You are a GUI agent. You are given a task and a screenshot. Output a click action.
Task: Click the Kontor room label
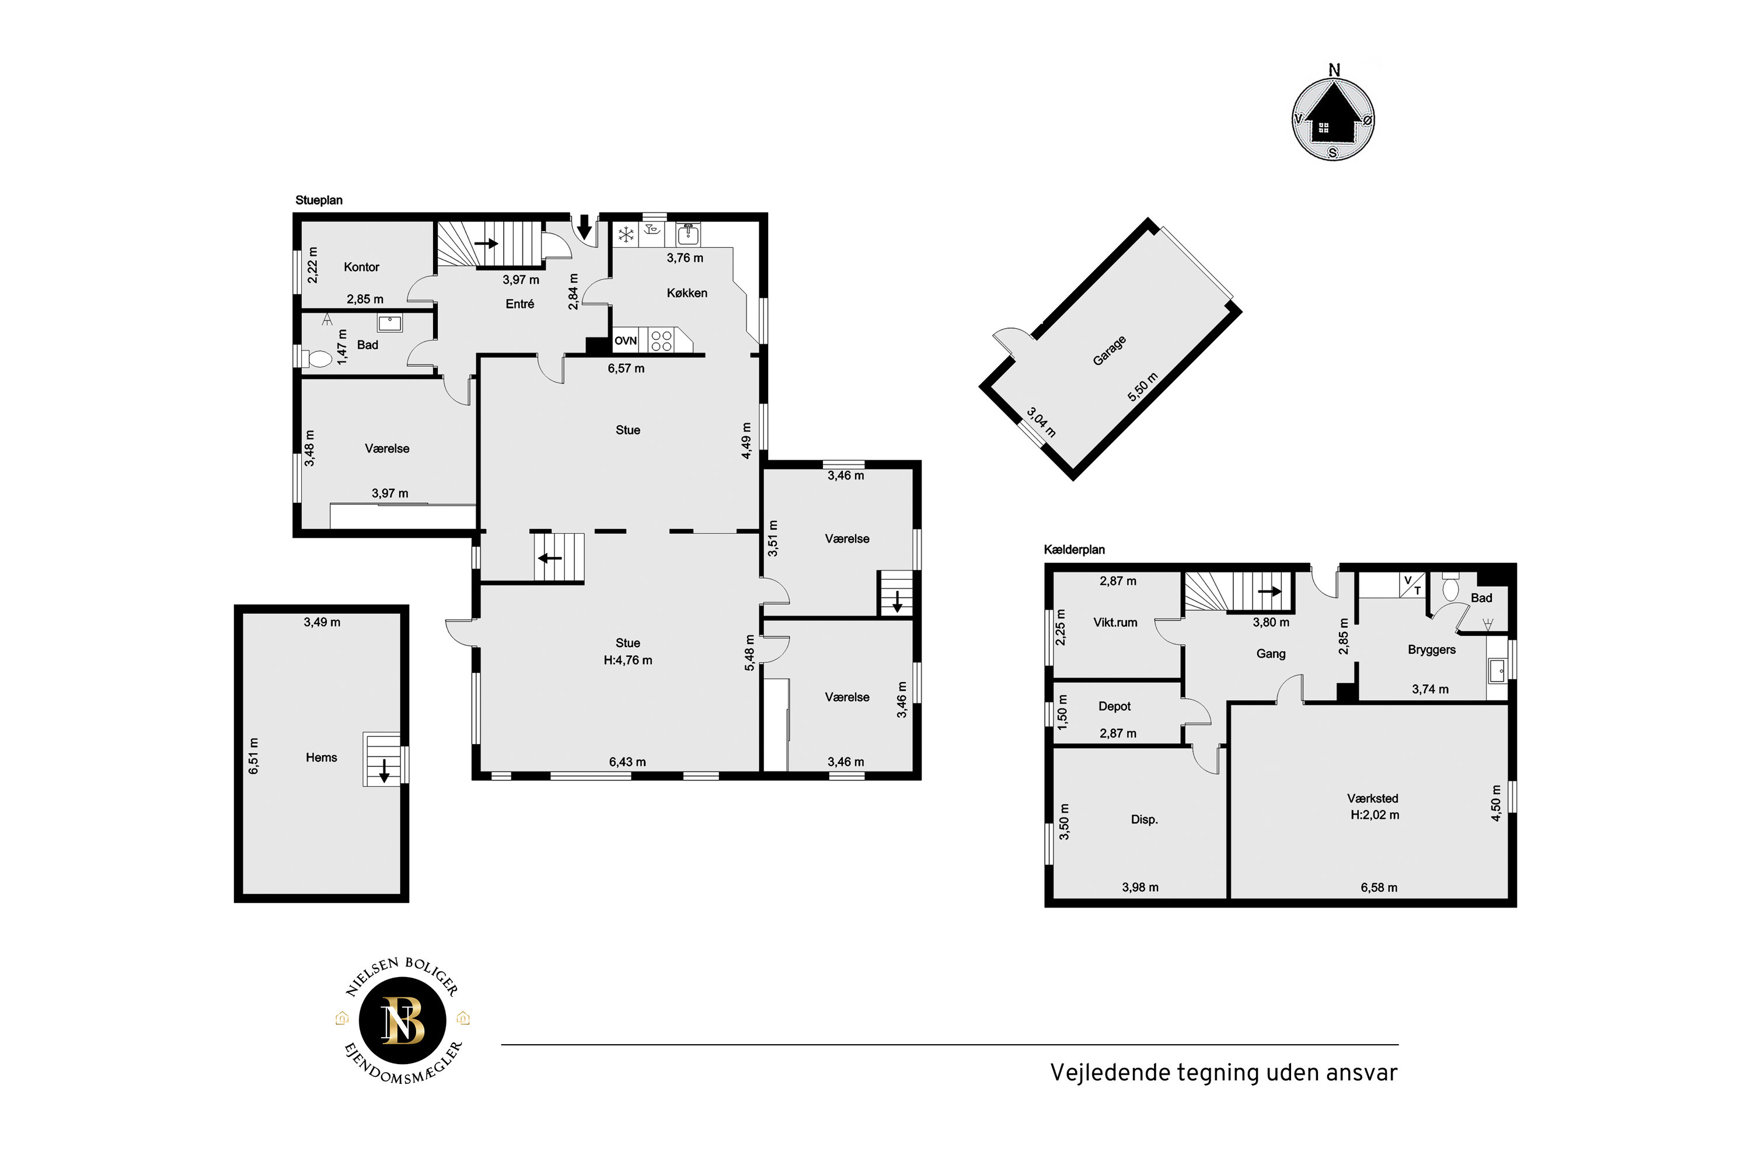pyautogui.click(x=361, y=267)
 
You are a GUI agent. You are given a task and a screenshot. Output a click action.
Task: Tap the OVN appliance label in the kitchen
pyautogui.click(x=626, y=341)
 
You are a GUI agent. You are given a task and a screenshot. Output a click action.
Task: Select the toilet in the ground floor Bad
pyautogui.click(x=318, y=357)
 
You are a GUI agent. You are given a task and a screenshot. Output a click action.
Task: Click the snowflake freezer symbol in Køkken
pyautogui.click(x=626, y=236)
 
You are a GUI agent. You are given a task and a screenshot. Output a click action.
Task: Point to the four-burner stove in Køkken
pyautogui.click(x=662, y=341)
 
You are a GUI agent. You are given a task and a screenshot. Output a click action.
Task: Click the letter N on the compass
pyautogui.click(x=1333, y=70)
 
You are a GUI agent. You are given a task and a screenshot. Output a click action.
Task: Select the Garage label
pyautogui.click(x=1109, y=350)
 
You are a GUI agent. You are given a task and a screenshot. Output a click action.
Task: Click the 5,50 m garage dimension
pyautogui.click(x=1143, y=387)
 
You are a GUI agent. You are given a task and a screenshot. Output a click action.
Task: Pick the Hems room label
pyautogui.click(x=321, y=758)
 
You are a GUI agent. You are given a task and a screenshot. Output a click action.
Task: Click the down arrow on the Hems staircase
pyautogui.click(x=384, y=770)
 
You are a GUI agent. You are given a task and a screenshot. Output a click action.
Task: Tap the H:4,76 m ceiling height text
pyautogui.click(x=628, y=660)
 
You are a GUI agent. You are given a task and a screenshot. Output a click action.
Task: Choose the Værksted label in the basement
pyautogui.click(x=1373, y=799)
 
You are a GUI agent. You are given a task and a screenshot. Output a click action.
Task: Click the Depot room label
pyautogui.click(x=1115, y=706)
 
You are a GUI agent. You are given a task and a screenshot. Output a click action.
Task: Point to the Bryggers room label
pyautogui.click(x=1432, y=650)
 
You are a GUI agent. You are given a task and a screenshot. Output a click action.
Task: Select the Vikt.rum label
pyautogui.click(x=1115, y=622)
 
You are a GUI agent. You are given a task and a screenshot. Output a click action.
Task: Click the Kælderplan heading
pyautogui.click(x=1074, y=550)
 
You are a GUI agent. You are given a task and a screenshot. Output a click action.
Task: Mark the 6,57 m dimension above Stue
pyautogui.click(x=626, y=368)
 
